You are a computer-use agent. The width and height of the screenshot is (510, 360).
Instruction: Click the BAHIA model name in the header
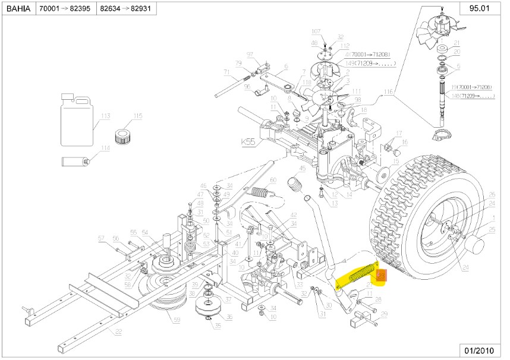20,10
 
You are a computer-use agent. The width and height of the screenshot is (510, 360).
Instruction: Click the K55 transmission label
249,143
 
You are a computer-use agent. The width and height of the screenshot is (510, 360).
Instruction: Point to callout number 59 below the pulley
176,321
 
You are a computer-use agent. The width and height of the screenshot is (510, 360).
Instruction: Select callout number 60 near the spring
273,180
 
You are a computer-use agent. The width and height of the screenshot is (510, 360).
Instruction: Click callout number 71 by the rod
226,72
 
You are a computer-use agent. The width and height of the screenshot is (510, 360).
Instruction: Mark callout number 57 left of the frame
102,238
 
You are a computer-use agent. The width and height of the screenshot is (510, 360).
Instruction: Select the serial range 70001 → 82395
66,10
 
